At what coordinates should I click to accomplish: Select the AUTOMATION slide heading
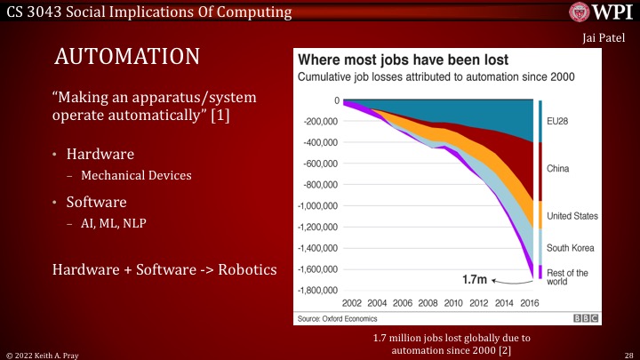pyautogui.click(x=126, y=58)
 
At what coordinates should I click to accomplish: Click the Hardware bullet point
pyautogui.click(x=97, y=155)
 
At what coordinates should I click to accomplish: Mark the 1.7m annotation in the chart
pyautogui.click(x=476, y=278)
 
